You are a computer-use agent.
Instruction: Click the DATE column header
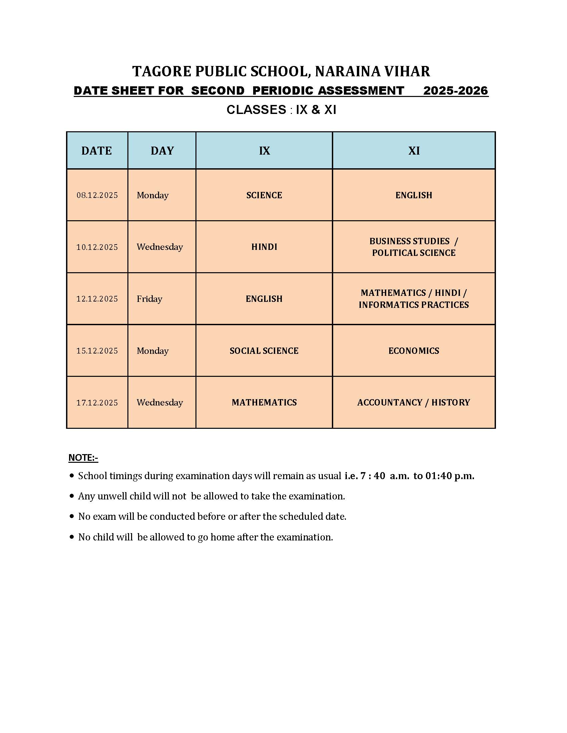pyautogui.click(x=96, y=151)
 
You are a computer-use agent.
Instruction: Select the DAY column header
pyautogui.click(x=162, y=151)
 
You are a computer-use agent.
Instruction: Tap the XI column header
pyautogui.click(x=414, y=151)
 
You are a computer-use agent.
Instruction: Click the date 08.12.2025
pyautogui.click(x=97, y=195)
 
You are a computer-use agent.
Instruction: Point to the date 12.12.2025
pyautogui.click(x=97, y=299)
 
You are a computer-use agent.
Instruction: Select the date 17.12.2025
pyautogui.click(x=97, y=402)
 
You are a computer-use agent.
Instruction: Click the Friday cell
pyautogui.click(x=149, y=299)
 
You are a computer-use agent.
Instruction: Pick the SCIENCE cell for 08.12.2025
pyautogui.click(x=264, y=195)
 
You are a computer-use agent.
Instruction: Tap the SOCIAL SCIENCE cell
pyautogui.click(x=264, y=351)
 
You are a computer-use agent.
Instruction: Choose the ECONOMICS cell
pyautogui.click(x=414, y=351)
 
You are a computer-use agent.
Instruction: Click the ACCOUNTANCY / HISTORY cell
pyautogui.click(x=414, y=402)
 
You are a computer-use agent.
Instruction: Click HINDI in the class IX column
pyautogui.click(x=264, y=247)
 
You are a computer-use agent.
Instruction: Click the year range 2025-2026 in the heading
pyautogui.click(x=456, y=91)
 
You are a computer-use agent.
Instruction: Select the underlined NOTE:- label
pyautogui.click(x=83, y=457)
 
